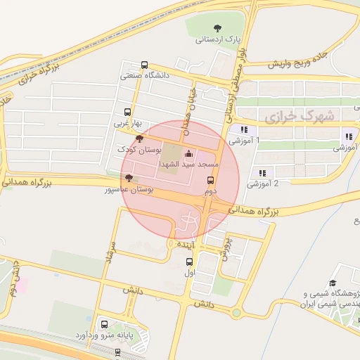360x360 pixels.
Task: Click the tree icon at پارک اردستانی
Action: pos(217,28)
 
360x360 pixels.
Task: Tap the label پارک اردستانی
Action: pos(218,40)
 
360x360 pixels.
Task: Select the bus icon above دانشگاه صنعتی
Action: pos(145,65)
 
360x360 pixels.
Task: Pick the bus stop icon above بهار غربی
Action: pos(127,112)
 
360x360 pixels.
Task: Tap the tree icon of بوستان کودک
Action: pos(139,139)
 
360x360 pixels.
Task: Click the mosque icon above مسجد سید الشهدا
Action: pos(188,153)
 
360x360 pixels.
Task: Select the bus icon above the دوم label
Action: pos(210,180)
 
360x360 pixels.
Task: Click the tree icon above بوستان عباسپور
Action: pos(127,178)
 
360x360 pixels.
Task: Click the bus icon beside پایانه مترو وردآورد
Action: pos(105,325)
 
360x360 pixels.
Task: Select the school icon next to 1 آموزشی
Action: pos(244,129)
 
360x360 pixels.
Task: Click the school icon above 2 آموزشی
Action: pos(262,173)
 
